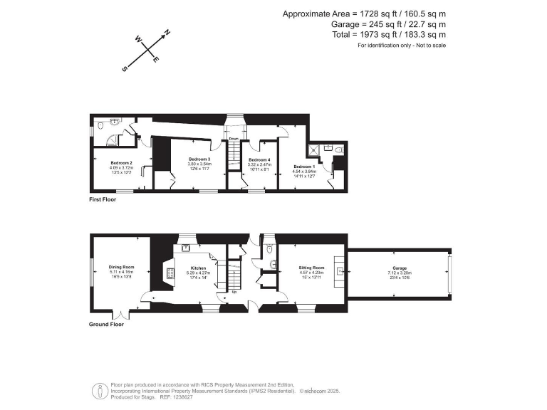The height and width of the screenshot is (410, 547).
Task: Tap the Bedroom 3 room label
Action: click(199, 159)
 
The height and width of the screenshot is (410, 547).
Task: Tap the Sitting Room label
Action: click(311, 267)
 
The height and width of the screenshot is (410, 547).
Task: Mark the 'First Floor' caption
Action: click(103, 200)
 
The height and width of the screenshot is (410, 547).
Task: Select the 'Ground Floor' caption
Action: click(107, 324)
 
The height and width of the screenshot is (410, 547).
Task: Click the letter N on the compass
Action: click(167, 33)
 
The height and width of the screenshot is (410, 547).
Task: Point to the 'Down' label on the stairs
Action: click(234, 139)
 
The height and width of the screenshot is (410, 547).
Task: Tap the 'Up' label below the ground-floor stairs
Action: click(234, 292)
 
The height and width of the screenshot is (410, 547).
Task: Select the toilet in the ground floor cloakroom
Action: click(268, 250)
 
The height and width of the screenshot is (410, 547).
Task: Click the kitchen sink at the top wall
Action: click(187, 248)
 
